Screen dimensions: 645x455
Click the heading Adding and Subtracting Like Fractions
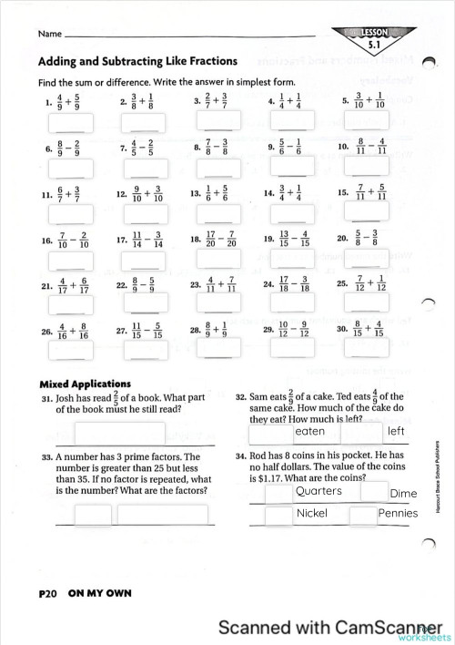point(137,62)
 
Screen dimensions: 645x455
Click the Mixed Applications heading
point(86,384)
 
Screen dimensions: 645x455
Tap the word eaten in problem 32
point(310,431)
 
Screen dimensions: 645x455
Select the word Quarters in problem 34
point(318,491)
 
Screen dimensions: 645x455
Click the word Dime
point(402,493)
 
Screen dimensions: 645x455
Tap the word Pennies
point(398,513)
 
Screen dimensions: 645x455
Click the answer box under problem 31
point(119,433)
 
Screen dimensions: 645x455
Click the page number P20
point(48,593)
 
